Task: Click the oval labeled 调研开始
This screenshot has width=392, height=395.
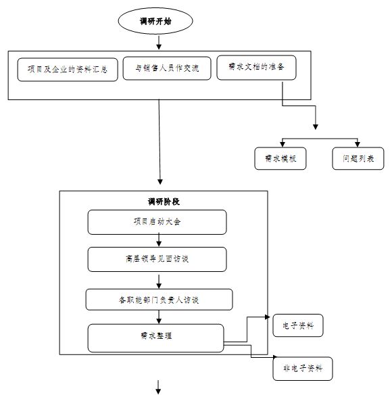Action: (155, 21)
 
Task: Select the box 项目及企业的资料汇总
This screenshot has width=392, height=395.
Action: (68, 70)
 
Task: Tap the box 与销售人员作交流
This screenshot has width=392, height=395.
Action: (167, 68)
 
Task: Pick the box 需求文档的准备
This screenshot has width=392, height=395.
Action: (256, 68)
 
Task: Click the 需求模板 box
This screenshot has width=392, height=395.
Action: (280, 158)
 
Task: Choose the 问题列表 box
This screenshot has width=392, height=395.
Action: (358, 158)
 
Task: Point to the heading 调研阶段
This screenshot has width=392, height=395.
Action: (164, 202)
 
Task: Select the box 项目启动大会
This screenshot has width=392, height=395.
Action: (157, 222)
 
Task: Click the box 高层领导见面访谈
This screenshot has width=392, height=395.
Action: (157, 259)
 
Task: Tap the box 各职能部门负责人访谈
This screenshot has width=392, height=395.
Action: (159, 300)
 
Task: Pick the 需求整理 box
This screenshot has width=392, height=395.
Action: (155, 338)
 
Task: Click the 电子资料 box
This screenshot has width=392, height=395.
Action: (298, 325)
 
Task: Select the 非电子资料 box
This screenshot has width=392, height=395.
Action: (303, 369)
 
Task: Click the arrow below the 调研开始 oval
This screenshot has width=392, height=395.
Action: (159, 43)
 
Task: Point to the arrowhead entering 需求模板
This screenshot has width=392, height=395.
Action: (283, 144)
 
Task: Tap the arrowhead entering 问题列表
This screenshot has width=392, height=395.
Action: (358, 144)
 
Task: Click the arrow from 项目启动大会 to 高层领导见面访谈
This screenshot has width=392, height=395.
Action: (159, 240)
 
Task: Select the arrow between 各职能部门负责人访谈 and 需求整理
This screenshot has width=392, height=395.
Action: (159, 317)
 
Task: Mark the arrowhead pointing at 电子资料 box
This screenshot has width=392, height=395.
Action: (268, 317)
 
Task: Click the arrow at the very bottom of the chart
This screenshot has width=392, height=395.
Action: (158, 387)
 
